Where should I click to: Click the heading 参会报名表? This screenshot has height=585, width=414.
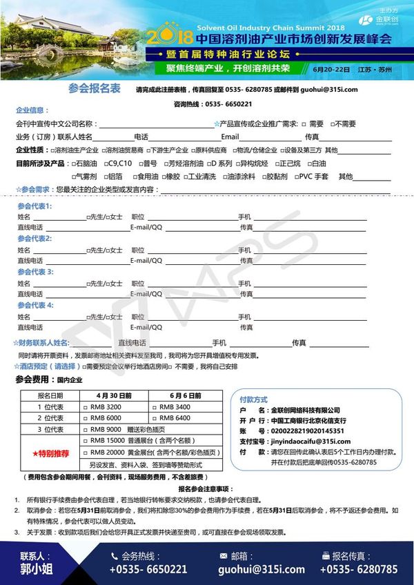pos(95,88)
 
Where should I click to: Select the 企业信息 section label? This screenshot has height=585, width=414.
pos(32,110)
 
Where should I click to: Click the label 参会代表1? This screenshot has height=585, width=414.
pos(34,206)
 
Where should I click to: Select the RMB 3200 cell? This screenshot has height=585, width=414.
pos(106,407)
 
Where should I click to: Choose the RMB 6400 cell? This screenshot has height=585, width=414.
pos(175,418)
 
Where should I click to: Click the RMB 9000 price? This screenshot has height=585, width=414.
pos(106,429)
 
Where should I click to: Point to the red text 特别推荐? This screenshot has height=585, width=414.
pos(49,453)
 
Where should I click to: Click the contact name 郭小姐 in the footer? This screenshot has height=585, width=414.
pos(37,570)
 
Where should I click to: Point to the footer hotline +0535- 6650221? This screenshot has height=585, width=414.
pos(147,570)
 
